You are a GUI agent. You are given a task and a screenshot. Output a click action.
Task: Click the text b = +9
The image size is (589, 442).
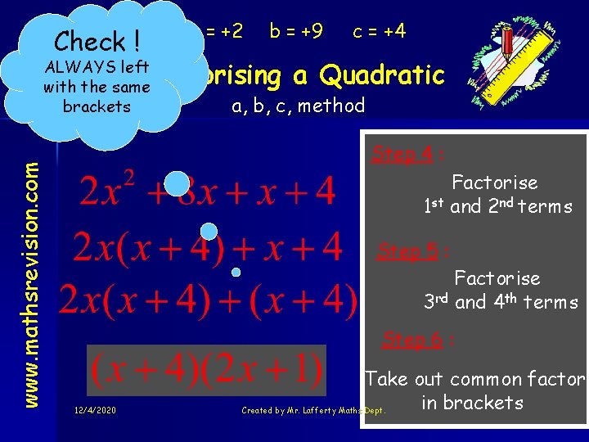[x=296, y=31]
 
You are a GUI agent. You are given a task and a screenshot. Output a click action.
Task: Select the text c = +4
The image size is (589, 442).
[x=379, y=31]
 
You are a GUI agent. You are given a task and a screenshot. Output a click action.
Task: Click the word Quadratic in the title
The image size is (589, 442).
[x=382, y=75]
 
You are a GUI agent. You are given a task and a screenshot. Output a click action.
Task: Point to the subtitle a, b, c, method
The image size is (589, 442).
[x=298, y=106]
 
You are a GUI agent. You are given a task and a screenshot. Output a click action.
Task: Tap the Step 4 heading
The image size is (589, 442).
[x=402, y=154]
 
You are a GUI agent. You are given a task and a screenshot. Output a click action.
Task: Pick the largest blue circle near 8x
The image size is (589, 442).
[x=177, y=184]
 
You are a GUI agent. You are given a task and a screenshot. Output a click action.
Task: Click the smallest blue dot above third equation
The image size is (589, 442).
[x=236, y=271]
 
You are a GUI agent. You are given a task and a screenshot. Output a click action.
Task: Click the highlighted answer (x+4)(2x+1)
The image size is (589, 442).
[x=207, y=371]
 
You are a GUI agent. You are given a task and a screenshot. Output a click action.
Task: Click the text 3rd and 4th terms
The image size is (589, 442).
[x=501, y=302]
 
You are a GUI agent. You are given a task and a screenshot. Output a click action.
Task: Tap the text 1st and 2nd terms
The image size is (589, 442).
[x=497, y=206]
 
